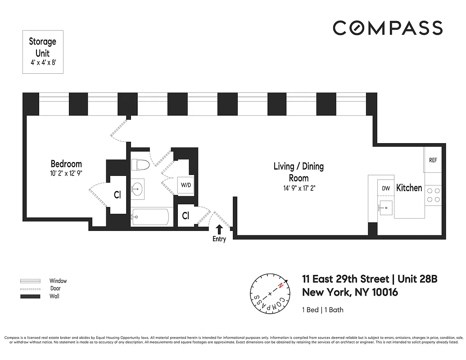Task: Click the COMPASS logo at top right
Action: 387,28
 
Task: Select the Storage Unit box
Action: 43,52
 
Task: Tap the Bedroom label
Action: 66,164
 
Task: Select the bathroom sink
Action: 138,189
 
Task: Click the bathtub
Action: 150,217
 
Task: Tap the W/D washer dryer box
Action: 186,185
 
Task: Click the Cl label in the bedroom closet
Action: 117,195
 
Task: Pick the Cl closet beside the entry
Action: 185,216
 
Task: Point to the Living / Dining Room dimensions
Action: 299,189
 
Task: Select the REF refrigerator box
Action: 433,160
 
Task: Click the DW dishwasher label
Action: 386,189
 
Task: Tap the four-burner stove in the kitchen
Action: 433,195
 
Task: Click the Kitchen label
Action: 409,188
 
